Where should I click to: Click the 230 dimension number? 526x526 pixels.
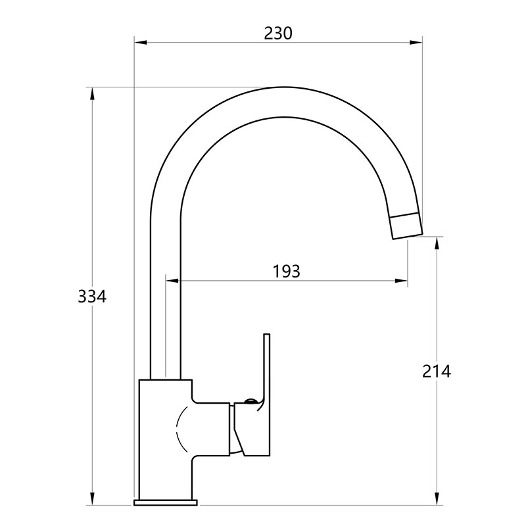click(x=278, y=34)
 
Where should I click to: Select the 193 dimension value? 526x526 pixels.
click(x=286, y=272)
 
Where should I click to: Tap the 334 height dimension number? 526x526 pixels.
click(x=92, y=297)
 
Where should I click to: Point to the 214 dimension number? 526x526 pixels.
click(x=437, y=371)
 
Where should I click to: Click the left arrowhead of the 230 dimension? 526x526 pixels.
click(x=141, y=42)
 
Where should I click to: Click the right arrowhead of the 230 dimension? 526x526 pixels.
click(x=416, y=42)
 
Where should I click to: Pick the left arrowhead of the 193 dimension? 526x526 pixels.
click(x=172, y=281)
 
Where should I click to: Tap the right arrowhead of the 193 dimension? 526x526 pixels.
click(x=401, y=281)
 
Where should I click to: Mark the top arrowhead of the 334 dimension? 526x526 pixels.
click(x=92, y=94)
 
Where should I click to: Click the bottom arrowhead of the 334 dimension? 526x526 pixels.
click(x=92, y=498)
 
